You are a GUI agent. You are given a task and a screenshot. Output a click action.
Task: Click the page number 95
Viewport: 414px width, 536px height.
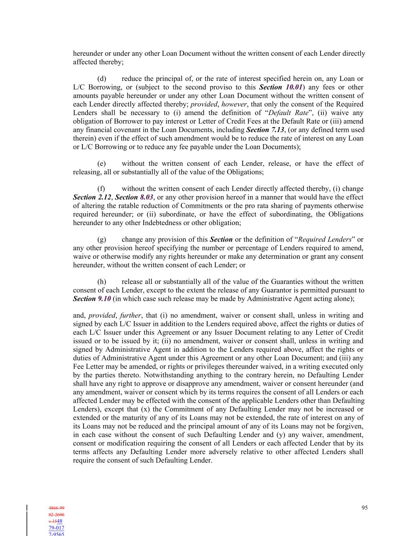[x=365, y=508]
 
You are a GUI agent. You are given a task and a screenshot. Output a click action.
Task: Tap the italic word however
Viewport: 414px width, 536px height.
[x=234, y=104]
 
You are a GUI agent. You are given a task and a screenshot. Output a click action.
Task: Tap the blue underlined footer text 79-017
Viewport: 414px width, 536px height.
[x=57, y=528]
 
